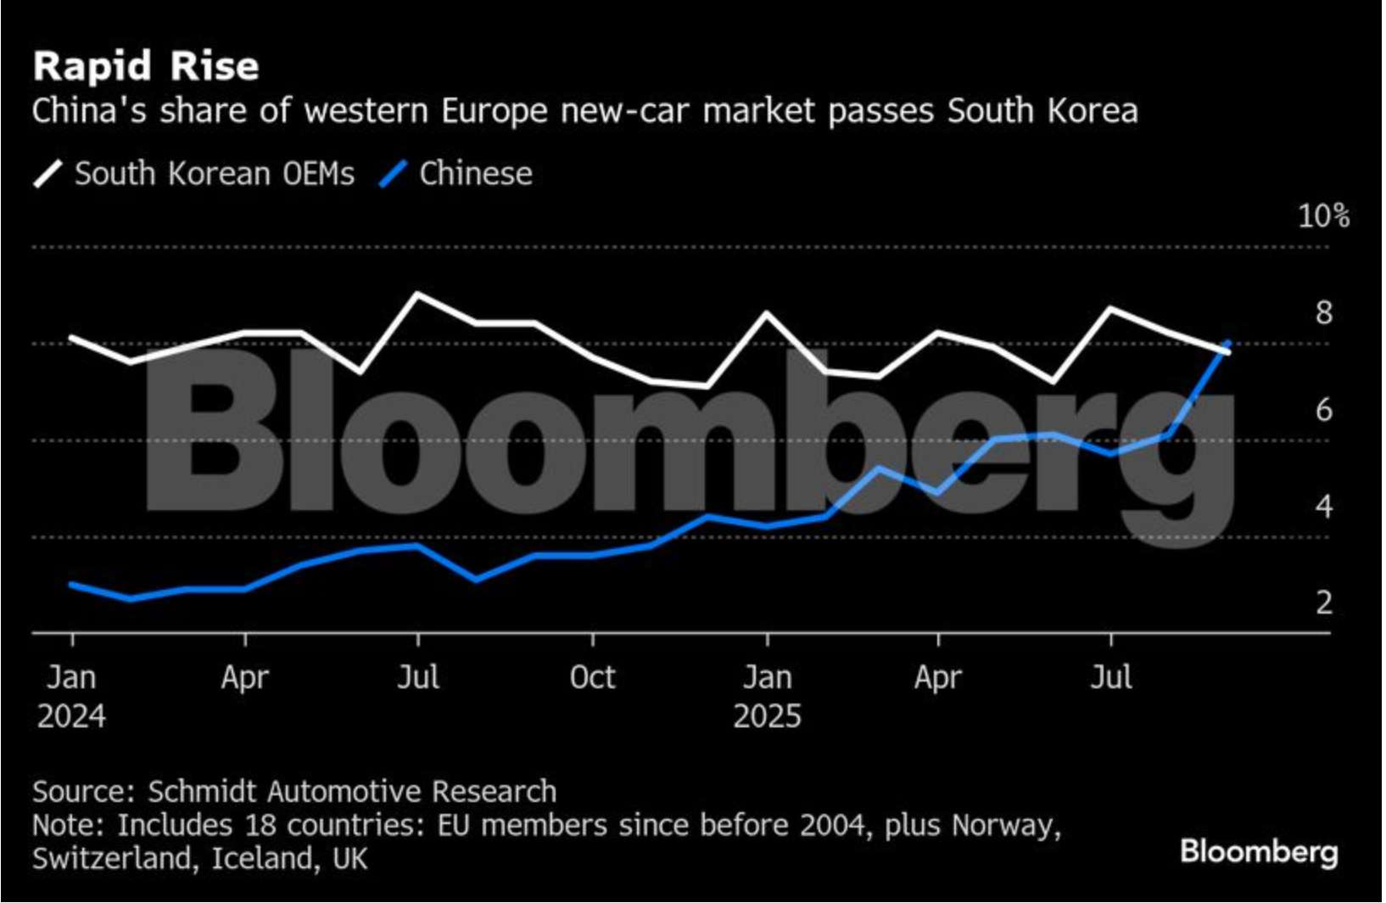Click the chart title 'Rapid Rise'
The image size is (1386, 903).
click(146, 66)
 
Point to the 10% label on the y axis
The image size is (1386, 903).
click(1323, 216)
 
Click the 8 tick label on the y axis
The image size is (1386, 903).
click(1324, 313)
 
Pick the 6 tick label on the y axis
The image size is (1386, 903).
click(1324, 410)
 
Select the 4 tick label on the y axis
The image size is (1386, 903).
click(1324, 507)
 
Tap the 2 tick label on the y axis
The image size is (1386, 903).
click(1324, 603)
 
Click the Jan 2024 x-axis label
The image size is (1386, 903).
click(71, 696)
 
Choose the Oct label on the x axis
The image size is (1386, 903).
click(592, 677)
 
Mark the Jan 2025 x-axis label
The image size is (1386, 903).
click(767, 696)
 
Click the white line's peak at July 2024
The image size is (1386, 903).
click(418, 294)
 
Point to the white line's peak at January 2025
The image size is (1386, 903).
click(767, 313)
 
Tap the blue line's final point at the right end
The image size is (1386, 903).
click(1227, 344)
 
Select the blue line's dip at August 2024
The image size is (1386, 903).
click(476, 580)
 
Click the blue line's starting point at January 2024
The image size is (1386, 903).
click(72, 585)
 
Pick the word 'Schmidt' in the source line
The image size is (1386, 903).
click(203, 791)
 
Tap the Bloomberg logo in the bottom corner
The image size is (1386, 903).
click(1259, 851)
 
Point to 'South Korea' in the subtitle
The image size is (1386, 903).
click(1042, 111)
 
